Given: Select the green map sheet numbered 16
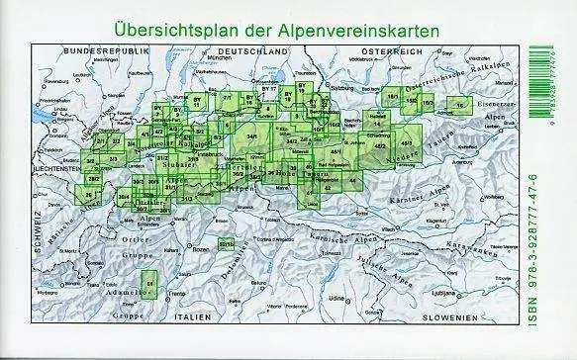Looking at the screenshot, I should [459, 105].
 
